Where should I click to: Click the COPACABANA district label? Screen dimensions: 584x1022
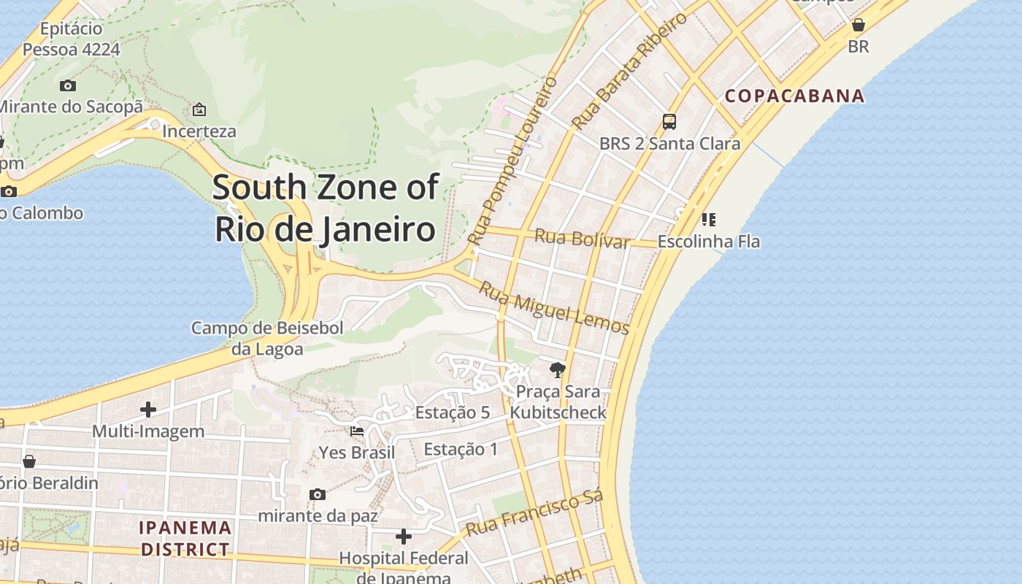pyautogui.click(x=794, y=96)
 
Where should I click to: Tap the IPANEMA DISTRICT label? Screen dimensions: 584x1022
pyautogui.click(x=185, y=538)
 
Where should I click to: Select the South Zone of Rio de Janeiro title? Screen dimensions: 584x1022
pyautogui.click(x=326, y=208)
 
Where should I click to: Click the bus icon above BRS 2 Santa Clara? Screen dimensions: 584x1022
pyautogui.click(x=669, y=122)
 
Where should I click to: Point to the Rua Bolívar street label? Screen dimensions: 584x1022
pyautogui.click(x=582, y=239)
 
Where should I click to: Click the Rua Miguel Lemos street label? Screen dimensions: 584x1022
pyautogui.click(x=553, y=307)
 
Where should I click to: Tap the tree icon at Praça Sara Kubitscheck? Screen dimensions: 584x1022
pyautogui.click(x=558, y=370)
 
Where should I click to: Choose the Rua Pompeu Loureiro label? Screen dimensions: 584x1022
pyautogui.click(x=512, y=161)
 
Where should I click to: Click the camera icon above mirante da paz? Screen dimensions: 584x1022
pyautogui.click(x=318, y=494)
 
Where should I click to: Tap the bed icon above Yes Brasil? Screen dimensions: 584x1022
pyautogui.click(x=357, y=431)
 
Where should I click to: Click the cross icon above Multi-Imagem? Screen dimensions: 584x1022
pyautogui.click(x=148, y=410)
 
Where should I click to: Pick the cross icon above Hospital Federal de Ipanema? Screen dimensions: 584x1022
pyautogui.click(x=404, y=537)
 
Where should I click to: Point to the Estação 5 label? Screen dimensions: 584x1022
pyautogui.click(x=453, y=412)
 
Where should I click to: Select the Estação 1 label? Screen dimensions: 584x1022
pyautogui.click(x=461, y=449)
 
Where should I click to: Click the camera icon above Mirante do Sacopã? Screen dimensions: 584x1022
pyautogui.click(x=68, y=85)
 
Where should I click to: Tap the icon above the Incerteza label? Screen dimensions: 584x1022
pyautogui.click(x=199, y=110)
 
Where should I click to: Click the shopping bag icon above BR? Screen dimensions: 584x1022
pyautogui.click(x=858, y=26)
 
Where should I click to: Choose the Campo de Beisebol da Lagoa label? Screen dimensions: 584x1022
pyautogui.click(x=267, y=339)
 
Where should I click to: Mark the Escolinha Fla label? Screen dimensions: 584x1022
pyautogui.click(x=709, y=241)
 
